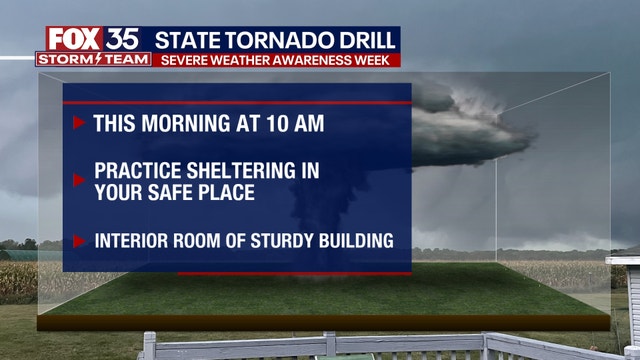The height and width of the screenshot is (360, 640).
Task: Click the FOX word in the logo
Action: pyautogui.click(x=73, y=39)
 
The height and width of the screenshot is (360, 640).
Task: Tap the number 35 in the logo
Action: pyautogui.click(x=126, y=39)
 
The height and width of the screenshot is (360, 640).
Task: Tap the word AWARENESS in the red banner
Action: pyautogui.click(x=306, y=59)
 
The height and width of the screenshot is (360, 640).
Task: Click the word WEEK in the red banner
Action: pyautogui.click(x=373, y=59)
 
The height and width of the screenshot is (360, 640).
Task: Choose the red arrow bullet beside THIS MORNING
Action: pyautogui.click(x=79, y=123)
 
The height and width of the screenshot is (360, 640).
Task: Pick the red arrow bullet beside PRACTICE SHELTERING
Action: pyautogui.click(x=79, y=181)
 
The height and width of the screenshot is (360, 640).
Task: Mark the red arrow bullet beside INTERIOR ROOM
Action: pyautogui.click(x=79, y=240)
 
